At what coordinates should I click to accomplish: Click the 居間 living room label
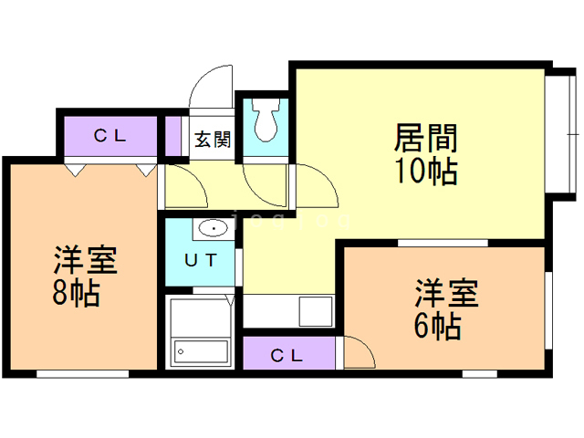[425, 140]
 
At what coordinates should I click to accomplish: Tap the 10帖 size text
[425, 171]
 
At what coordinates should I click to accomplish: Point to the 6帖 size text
[436, 324]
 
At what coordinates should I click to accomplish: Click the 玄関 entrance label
[213, 141]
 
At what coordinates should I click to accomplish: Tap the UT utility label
[202, 259]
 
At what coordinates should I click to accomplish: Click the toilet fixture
[266, 121]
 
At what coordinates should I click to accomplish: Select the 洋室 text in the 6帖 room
[446, 294]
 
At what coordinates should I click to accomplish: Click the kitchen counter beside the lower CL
[287, 311]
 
